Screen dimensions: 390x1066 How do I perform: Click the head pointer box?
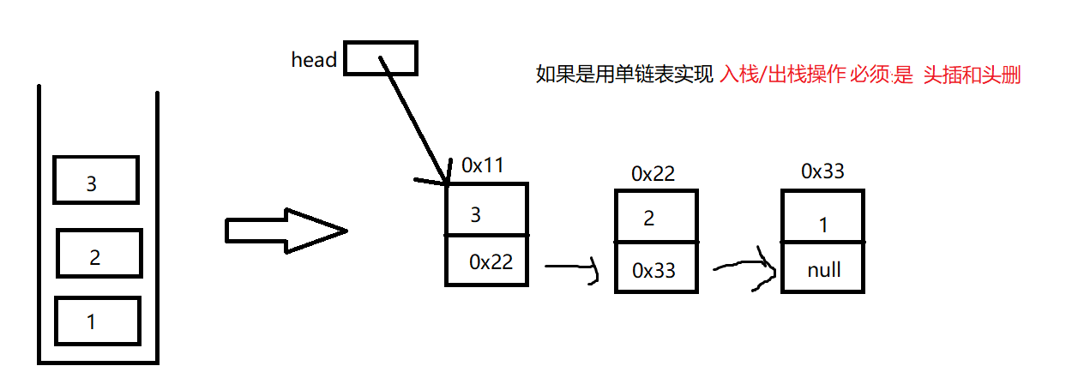coord(380,58)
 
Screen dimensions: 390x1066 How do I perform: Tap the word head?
coord(314,60)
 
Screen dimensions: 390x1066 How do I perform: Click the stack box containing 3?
coord(95,180)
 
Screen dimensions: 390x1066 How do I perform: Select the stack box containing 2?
coord(99,254)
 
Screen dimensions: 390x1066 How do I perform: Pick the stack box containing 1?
coord(97,321)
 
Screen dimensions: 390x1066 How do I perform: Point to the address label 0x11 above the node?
coord(482,165)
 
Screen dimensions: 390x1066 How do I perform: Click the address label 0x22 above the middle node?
coord(653,173)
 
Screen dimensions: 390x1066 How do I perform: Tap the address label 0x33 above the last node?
coord(822,171)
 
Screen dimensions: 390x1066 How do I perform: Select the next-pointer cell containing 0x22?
coord(486,261)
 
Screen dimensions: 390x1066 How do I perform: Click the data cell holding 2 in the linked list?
coord(656,219)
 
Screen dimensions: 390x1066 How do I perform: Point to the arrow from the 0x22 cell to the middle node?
coord(570,269)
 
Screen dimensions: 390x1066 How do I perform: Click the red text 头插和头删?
coord(972,75)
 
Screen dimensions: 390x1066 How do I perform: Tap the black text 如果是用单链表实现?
coord(624,75)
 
